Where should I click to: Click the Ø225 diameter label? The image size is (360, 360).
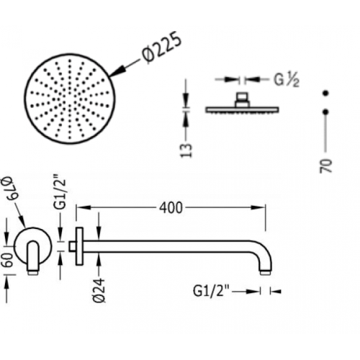point(161,48)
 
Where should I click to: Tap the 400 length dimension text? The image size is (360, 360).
point(171,208)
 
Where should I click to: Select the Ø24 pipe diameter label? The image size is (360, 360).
point(99,290)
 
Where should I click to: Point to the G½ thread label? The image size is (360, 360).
point(287,80)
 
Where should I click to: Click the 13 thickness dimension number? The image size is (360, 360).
point(186,150)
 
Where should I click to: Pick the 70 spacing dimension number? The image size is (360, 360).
point(325,166)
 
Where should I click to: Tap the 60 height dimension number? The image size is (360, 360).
point(9,260)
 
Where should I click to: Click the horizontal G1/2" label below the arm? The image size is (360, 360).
point(212,292)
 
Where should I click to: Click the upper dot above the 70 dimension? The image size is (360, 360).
point(325,93)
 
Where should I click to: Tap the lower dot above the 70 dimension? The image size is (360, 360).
point(325,112)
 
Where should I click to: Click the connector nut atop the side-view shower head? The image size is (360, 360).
point(242,99)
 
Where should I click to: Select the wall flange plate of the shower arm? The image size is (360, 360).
point(79,246)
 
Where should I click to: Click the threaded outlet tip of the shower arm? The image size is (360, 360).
point(266,272)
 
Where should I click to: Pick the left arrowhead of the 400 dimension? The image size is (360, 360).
point(84,207)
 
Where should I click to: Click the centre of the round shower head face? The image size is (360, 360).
point(70,99)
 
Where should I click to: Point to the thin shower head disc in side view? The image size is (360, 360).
point(242,110)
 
